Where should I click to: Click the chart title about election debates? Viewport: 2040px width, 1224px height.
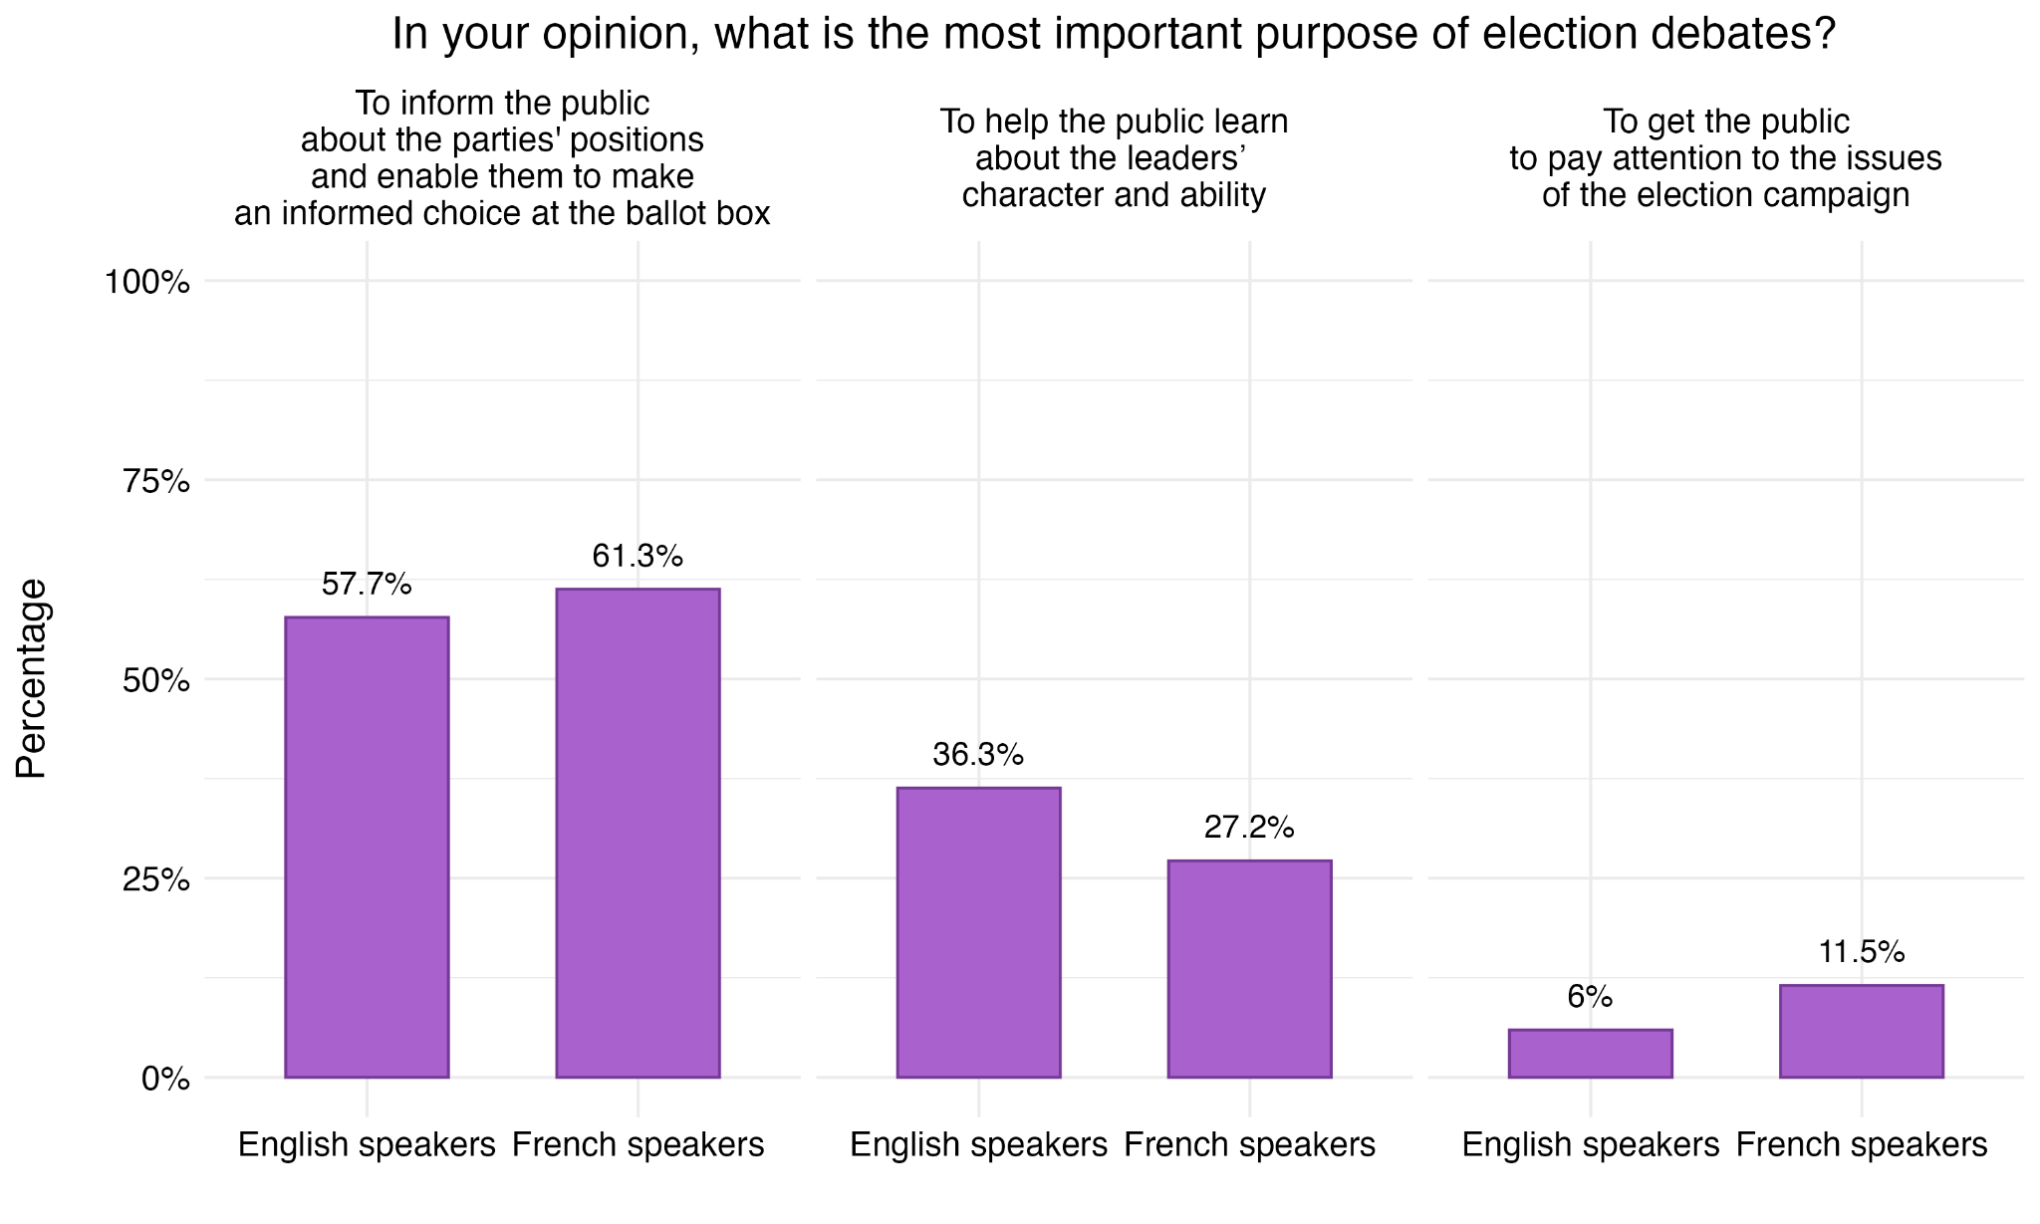1114,35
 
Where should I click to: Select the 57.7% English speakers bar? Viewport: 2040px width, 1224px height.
367,847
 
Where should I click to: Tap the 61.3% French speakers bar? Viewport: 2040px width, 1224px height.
637,833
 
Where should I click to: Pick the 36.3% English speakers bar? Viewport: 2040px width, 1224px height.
978,932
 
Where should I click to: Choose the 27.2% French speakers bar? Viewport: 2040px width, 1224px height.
1249,968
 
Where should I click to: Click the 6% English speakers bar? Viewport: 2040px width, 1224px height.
1590,1053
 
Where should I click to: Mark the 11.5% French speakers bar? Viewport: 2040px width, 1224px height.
1861,1031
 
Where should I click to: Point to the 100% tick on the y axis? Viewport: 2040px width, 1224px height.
147,282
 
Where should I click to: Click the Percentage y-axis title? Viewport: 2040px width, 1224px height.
32,679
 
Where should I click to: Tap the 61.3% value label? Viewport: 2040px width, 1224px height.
637,556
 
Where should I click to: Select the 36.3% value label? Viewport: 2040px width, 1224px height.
978,755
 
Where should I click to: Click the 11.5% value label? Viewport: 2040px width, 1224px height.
1861,952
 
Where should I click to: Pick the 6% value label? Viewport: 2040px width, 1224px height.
1590,996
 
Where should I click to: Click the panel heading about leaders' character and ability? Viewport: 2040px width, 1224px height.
1114,157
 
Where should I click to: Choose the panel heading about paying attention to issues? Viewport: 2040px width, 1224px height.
1725,157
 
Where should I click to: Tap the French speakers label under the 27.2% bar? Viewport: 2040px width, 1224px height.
1249,1145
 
